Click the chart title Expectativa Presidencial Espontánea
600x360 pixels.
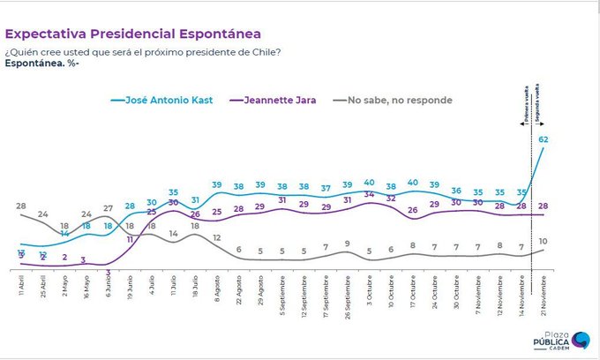click(133, 34)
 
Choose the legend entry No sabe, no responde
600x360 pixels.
click(396, 100)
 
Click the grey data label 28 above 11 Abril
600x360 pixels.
click(20, 206)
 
